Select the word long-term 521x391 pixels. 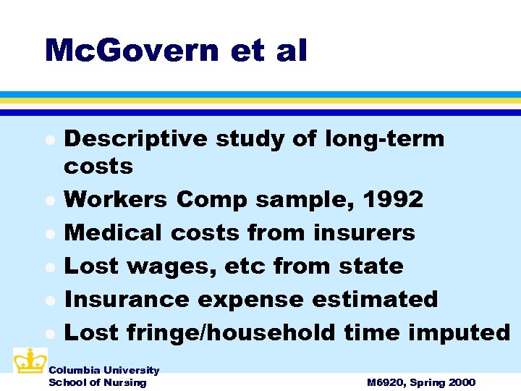tap(386, 138)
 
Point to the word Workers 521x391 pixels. tap(112, 199)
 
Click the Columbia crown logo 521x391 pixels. tap(30, 361)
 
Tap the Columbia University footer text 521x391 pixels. tap(103, 370)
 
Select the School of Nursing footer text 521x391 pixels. tap(97, 382)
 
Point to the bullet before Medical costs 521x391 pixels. tap(49, 234)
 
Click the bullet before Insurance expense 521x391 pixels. tap(49, 300)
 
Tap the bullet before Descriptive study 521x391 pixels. tap(49, 140)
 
